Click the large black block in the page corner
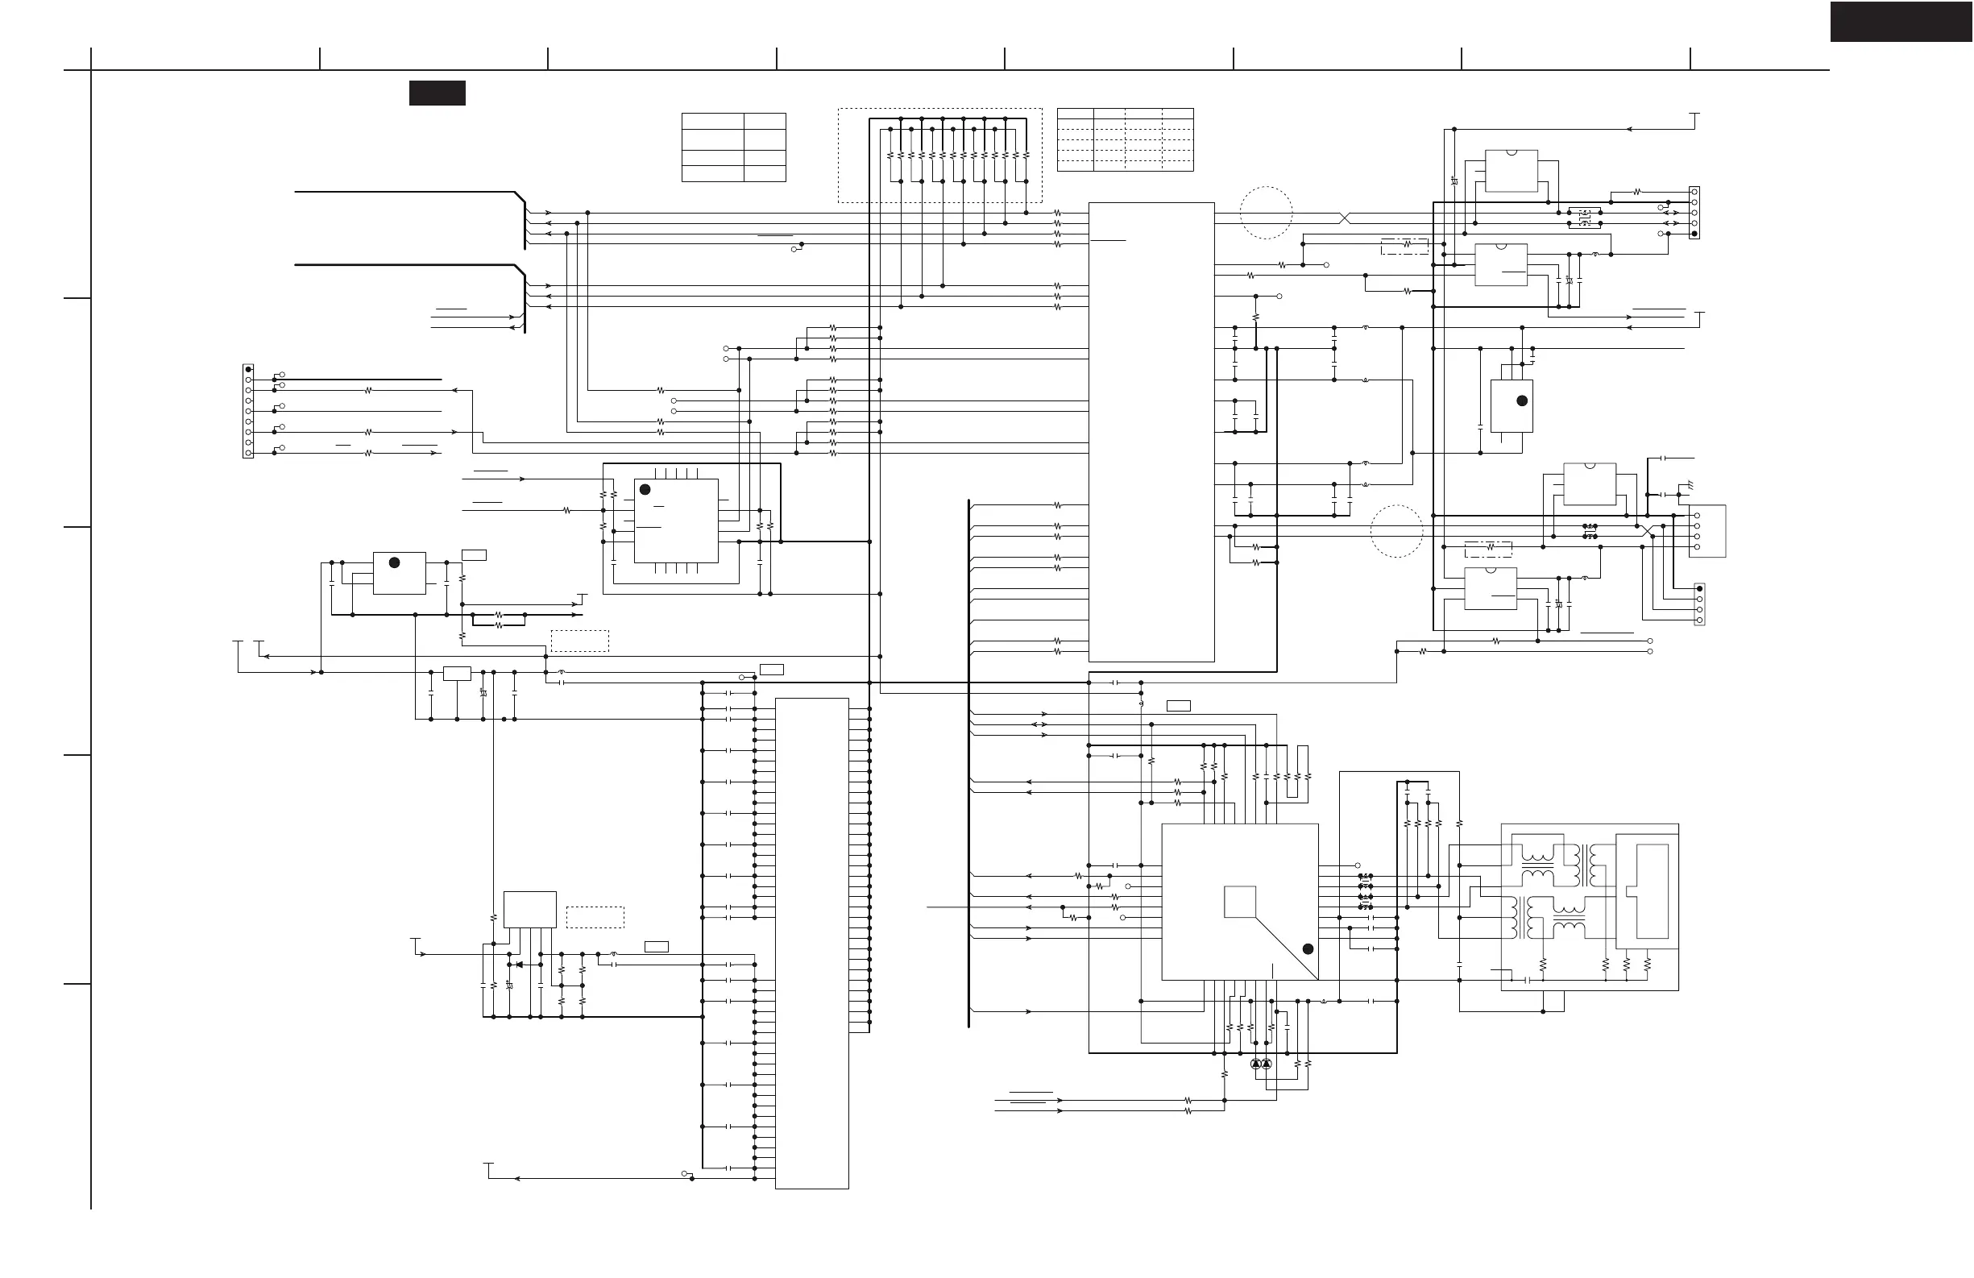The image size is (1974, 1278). tap(1901, 22)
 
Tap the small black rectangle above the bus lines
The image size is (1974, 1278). tap(437, 93)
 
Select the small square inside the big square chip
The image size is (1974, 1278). tap(1239, 902)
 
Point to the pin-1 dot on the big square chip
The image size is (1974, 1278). tap(1308, 948)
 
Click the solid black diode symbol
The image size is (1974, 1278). tap(519, 965)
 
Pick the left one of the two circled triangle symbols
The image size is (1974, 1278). tap(1256, 1064)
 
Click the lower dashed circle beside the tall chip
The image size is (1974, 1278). tap(1397, 532)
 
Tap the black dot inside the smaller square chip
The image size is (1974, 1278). tap(645, 490)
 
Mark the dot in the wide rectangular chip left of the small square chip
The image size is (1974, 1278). tap(395, 562)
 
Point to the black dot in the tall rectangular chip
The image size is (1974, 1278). tap(1522, 400)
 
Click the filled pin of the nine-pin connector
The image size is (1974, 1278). tap(248, 370)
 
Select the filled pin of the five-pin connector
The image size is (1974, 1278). tap(1694, 234)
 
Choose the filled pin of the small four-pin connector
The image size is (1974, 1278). tap(1699, 589)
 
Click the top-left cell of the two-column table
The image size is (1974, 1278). tap(712, 122)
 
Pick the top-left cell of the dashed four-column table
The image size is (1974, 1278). tap(1075, 116)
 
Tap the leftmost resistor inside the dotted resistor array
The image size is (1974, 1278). tap(891, 155)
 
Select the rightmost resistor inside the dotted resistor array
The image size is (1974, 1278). tap(1026, 155)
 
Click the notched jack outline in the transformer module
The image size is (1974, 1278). tap(1651, 891)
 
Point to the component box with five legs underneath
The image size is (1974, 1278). tap(530, 910)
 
